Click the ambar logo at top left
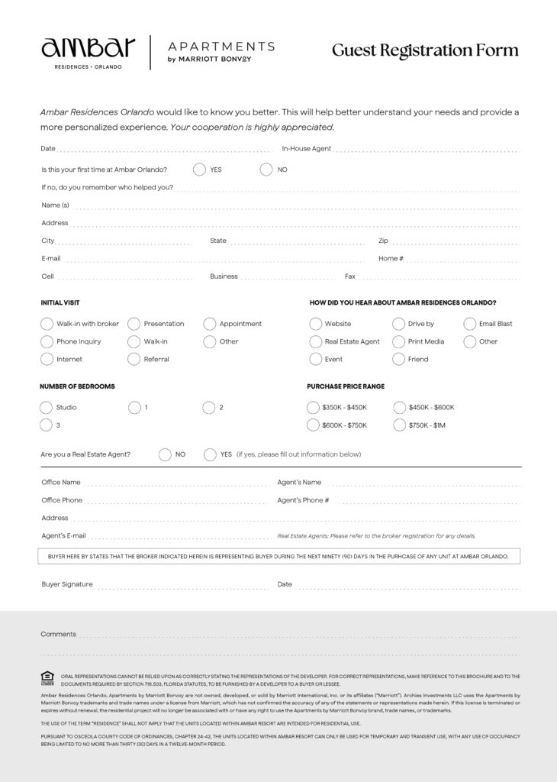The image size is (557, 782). click(x=88, y=50)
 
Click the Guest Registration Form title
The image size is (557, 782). click(x=425, y=50)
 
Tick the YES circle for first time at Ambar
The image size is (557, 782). click(x=199, y=170)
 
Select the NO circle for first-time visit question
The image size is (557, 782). click(x=266, y=170)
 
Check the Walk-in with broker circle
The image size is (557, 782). click(x=47, y=324)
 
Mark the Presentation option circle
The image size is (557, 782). click(x=134, y=324)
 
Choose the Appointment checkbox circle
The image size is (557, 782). click(x=209, y=324)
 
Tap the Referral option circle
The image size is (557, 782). click(x=134, y=359)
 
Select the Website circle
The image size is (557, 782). click(x=315, y=324)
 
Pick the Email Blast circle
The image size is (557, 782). click(x=470, y=324)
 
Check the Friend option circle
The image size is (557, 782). click(x=398, y=359)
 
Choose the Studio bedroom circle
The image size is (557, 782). click(x=46, y=407)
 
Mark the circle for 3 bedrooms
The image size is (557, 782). click(x=46, y=425)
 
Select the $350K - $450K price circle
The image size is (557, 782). click(x=313, y=408)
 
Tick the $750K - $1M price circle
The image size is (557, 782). click(x=399, y=425)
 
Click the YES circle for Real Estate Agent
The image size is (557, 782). click(x=210, y=454)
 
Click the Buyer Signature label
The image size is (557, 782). click(x=67, y=584)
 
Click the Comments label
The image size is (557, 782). click(x=59, y=634)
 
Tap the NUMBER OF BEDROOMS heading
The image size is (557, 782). click(x=77, y=386)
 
